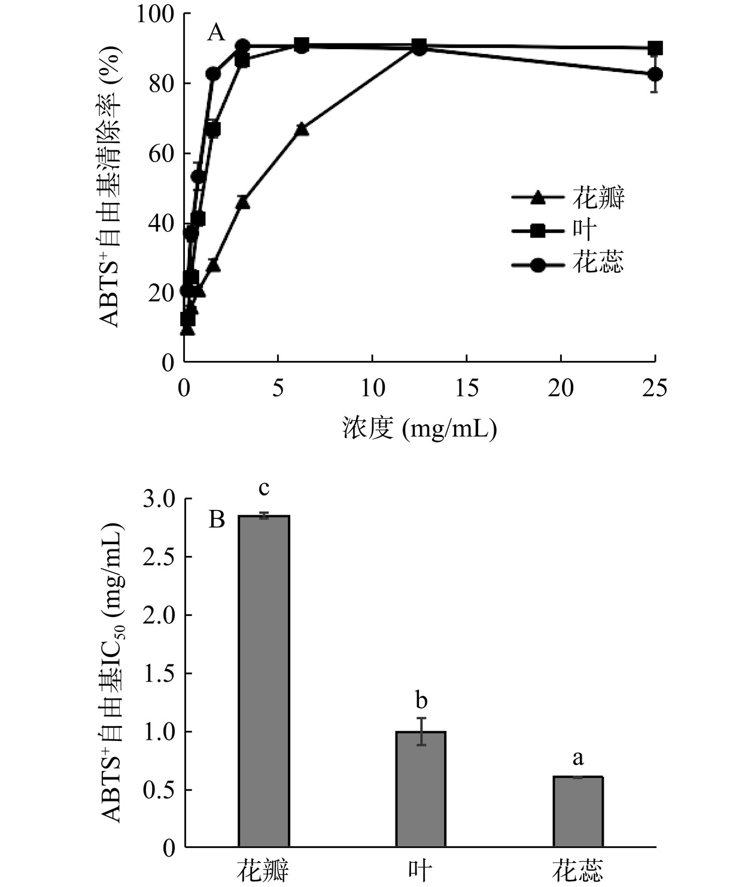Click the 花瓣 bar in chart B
click(264, 681)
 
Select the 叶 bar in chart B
click(421, 789)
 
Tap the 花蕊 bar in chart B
click(577, 812)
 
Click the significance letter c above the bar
click(264, 488)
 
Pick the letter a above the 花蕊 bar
click(577, 758)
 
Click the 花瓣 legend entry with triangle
click(568, 198)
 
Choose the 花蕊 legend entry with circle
click(568, 262)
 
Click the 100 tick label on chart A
click(156, 14)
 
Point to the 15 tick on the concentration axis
click(467, 388)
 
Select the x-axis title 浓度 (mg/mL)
click(419, 429)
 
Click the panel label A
click(216, 33)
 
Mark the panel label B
click(216, 519)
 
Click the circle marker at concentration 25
click(655, 74)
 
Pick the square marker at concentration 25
click(655, 48)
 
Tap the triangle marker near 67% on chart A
click(302, 129)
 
